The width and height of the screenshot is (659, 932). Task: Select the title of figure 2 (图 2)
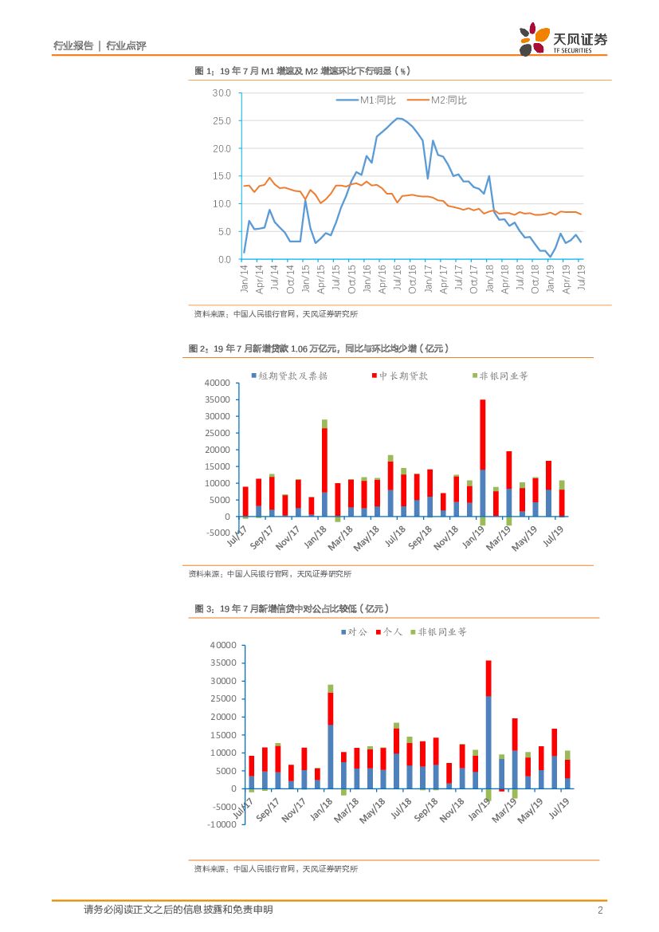[319, 348]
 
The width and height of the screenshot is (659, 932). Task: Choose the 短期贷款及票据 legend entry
[289, 376]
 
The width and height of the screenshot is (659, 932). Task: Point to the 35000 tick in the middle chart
[216, 399]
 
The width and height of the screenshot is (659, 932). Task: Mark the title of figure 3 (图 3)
[291, 609]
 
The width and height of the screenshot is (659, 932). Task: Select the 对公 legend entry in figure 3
[354, 631]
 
